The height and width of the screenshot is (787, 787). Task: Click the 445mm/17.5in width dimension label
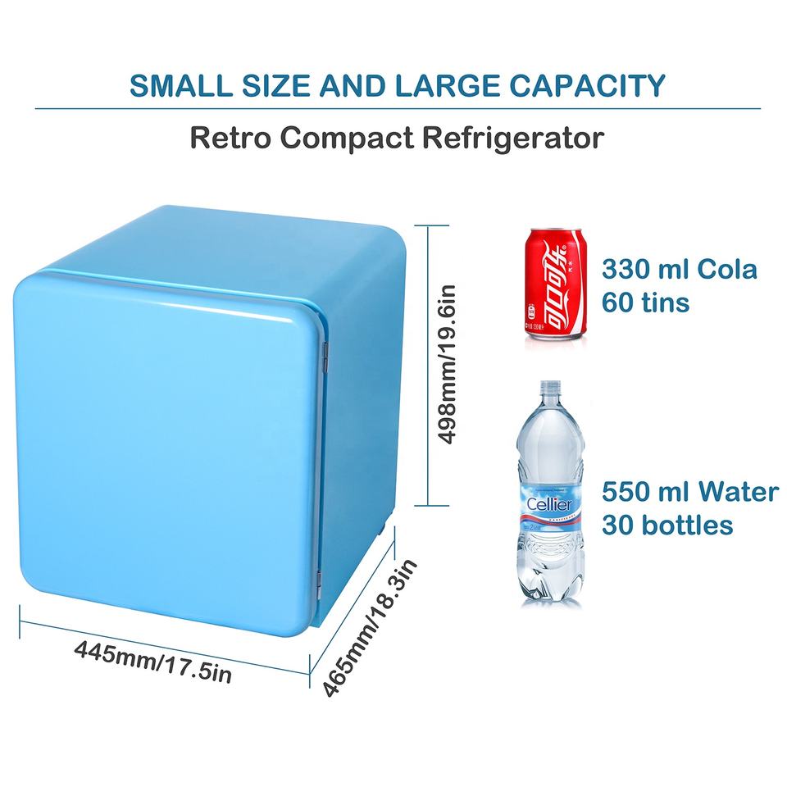[153, 661]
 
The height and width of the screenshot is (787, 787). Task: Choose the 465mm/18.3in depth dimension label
[371, 627]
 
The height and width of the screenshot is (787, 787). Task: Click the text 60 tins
[645, 303]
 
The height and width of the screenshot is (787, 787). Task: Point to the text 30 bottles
[667, 524]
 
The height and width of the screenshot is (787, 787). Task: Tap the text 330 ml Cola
[680, 269]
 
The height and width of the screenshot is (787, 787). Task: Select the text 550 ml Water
[689, 491]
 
